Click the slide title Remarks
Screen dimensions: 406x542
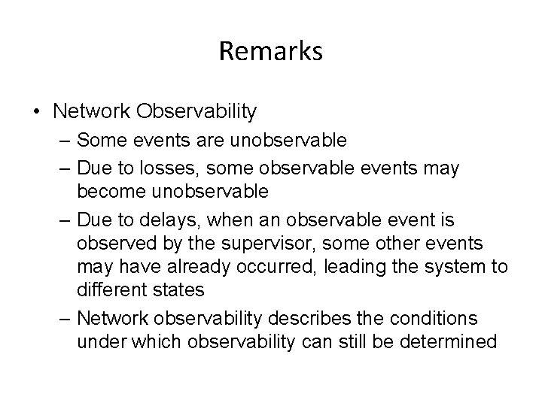[x=271, y=51]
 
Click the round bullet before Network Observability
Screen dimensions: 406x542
[x=37, y=112]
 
